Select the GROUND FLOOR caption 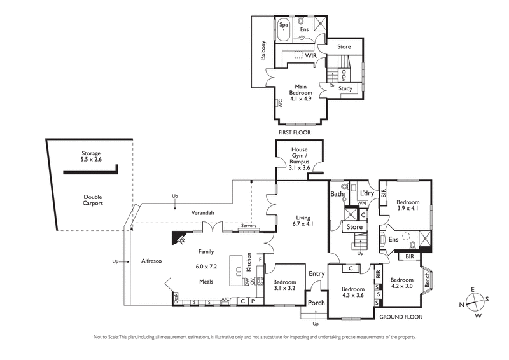402,316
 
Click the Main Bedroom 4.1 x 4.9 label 302,93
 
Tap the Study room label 345,88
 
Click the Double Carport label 92,200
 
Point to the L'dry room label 366,192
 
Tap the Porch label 316,303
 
